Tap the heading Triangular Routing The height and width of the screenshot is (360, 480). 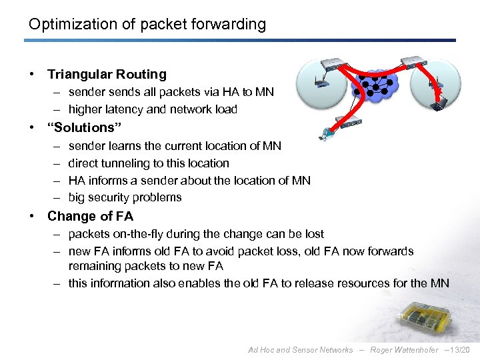coord(107,75)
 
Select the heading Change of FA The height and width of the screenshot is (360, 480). coord(90,216)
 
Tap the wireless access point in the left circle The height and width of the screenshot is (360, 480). coord(321,85)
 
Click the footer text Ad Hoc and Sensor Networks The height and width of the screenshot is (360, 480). coord(300,350)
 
